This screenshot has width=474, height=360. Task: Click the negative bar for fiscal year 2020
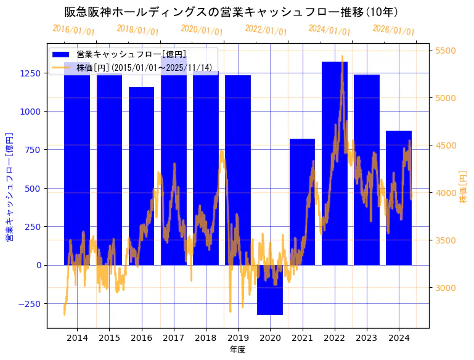[270, 290]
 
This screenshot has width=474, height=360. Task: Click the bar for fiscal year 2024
[398, 198]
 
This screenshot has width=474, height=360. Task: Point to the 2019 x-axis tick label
[238, 338]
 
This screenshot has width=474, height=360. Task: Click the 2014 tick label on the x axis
[77, 338]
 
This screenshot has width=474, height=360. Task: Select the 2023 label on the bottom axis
[366, 338]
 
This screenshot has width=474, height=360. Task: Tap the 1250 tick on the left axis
[31, 73]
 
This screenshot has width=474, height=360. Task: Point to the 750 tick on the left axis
[33, 150]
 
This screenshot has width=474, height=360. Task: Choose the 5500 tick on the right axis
[446, 51]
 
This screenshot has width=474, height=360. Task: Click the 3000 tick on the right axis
[446, 288]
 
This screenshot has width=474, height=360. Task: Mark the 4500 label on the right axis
[446, 145]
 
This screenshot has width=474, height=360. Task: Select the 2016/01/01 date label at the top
[74, 30]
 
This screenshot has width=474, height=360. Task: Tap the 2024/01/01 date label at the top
[330, 30]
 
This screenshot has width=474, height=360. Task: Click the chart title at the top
[232, 12]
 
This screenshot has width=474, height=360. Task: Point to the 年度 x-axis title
[237, 350]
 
